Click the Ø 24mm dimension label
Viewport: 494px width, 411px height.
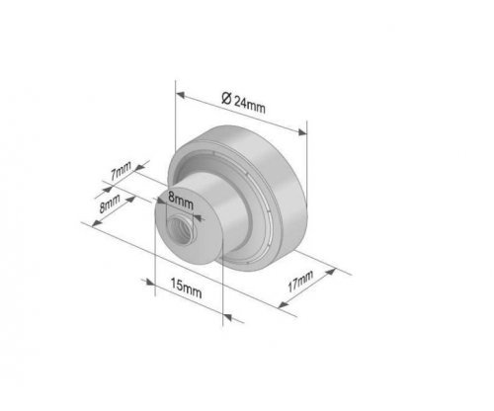coord(243,103)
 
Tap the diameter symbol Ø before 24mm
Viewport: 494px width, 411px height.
coord(226,98)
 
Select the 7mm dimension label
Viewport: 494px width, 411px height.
coord(121,171)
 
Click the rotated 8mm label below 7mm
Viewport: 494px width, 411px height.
coord(110,204)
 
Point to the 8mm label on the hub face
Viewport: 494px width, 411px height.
coord(180,201)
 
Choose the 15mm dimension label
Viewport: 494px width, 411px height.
coord(186,288)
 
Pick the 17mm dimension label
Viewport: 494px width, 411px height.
coord(300,281)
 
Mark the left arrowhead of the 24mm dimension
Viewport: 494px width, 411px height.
coord(180,95)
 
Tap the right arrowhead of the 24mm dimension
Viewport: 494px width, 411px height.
coord(302,132)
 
